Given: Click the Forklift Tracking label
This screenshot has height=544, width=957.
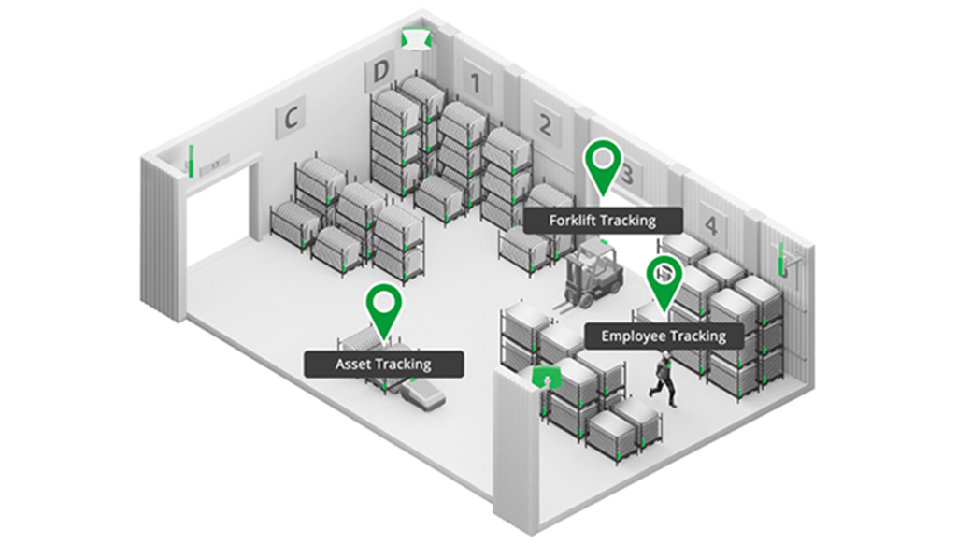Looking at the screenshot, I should tap(602, 221).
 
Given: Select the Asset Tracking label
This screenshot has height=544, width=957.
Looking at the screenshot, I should tap(383, 364).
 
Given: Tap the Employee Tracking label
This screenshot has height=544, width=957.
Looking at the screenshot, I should tap(664, 336).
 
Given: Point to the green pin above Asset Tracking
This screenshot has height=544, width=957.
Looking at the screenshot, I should tap(383, 308).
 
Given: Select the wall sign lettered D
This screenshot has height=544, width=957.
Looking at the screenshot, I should tap(379, 72).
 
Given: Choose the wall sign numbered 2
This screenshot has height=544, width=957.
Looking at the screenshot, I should tap(545, 124).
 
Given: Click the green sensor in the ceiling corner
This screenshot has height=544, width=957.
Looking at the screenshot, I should tap(414, 39).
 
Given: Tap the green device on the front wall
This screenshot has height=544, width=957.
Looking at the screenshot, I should tap(544, 378).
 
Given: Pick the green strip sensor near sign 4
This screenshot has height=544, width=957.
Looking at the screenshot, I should tap(780, 259).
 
